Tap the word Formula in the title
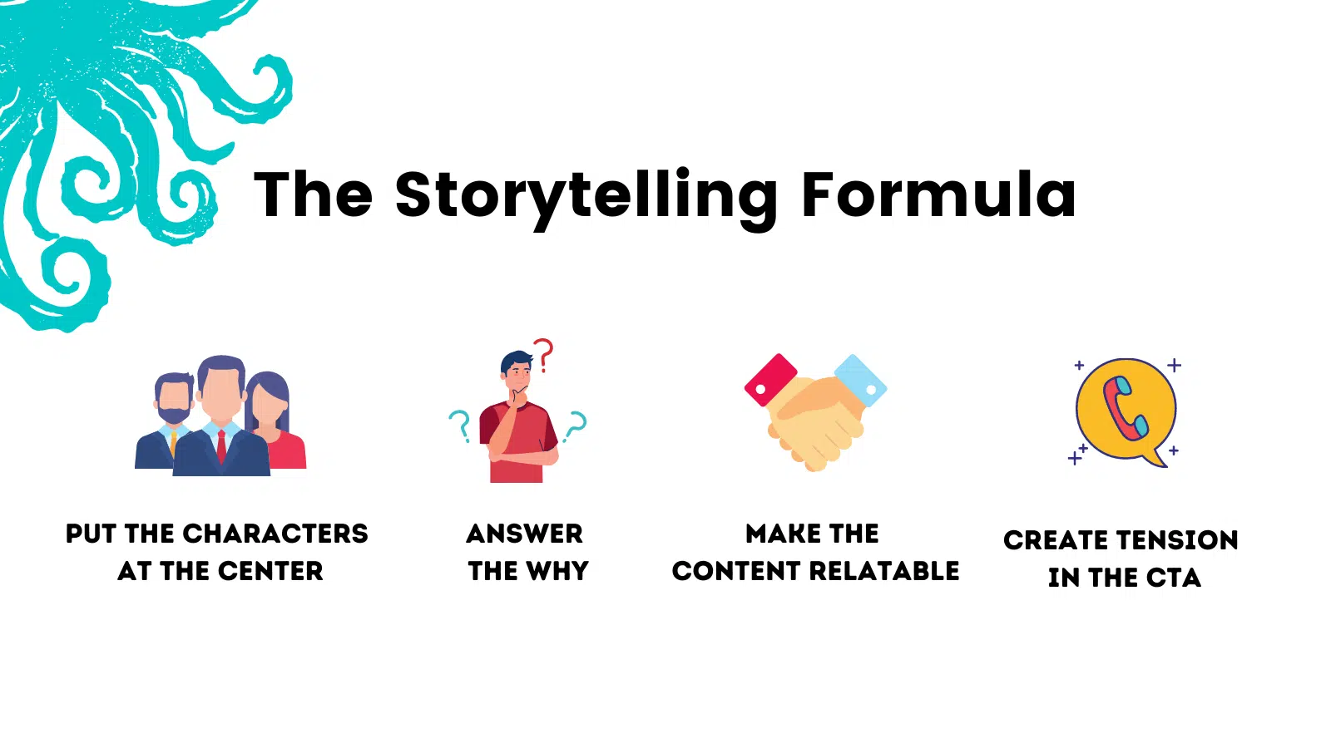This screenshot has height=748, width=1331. pos(939,194)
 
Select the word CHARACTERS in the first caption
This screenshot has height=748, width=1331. pos(275,534)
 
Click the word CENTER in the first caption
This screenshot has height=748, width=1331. pos(270,571)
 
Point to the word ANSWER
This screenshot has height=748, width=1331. pos(525,534)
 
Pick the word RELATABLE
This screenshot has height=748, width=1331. pos(884,571)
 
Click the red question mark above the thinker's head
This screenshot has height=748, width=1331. pos(543,355)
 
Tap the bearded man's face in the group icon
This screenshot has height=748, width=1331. pos(174,399)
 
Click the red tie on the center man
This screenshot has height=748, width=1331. pos(221,446)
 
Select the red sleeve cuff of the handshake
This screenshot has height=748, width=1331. pos(770,380)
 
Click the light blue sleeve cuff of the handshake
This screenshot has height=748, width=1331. pos(860,381)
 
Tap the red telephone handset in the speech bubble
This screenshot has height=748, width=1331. pos(1125,408)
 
